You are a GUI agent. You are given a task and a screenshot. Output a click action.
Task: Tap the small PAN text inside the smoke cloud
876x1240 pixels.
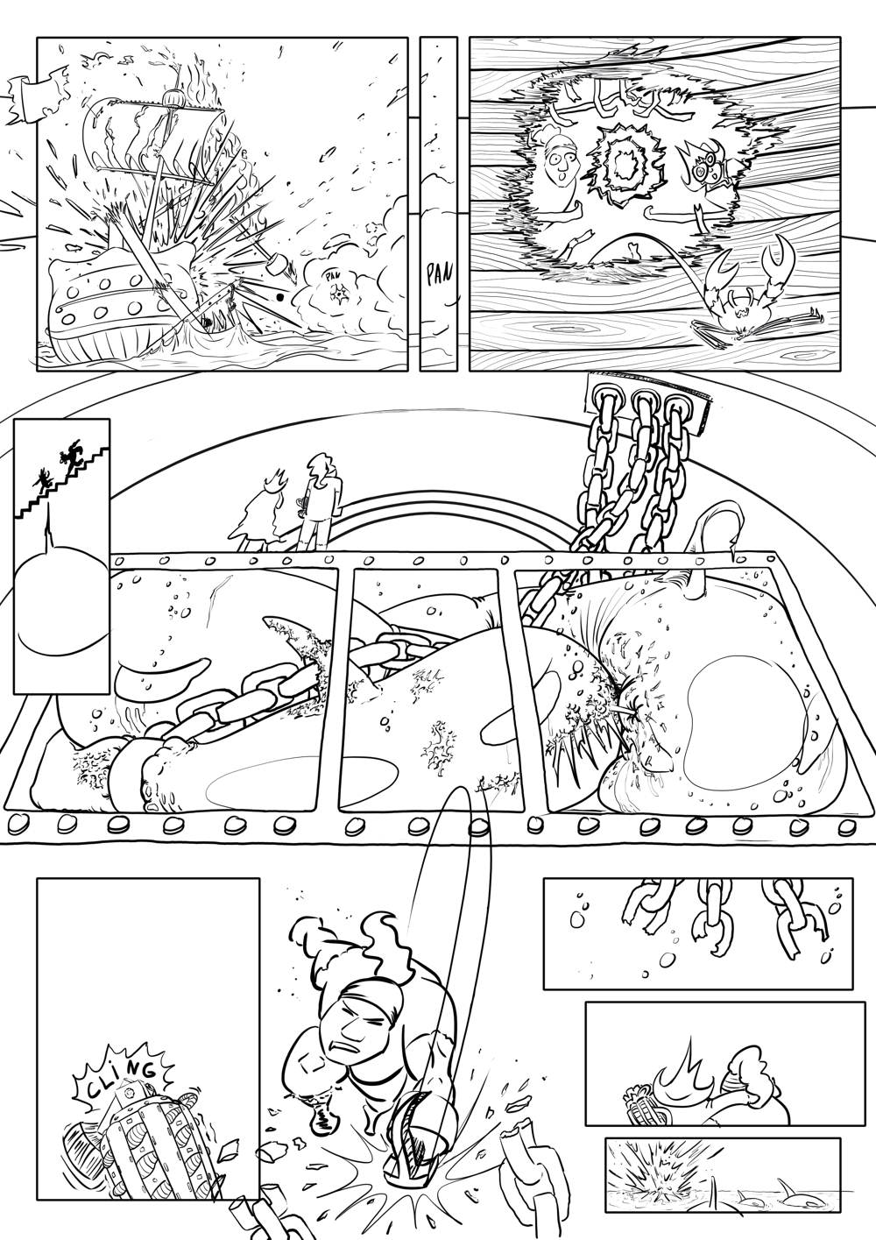click(x=331, y=274)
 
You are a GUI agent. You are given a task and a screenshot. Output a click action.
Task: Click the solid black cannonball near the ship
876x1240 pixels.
click(x=280, y=298)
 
